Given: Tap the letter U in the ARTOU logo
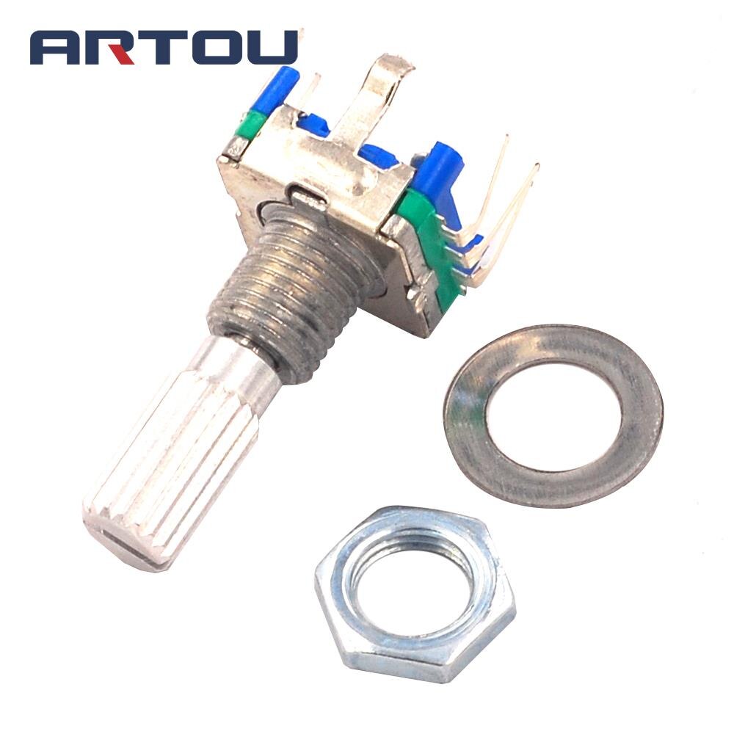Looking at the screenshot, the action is click(272, 47).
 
